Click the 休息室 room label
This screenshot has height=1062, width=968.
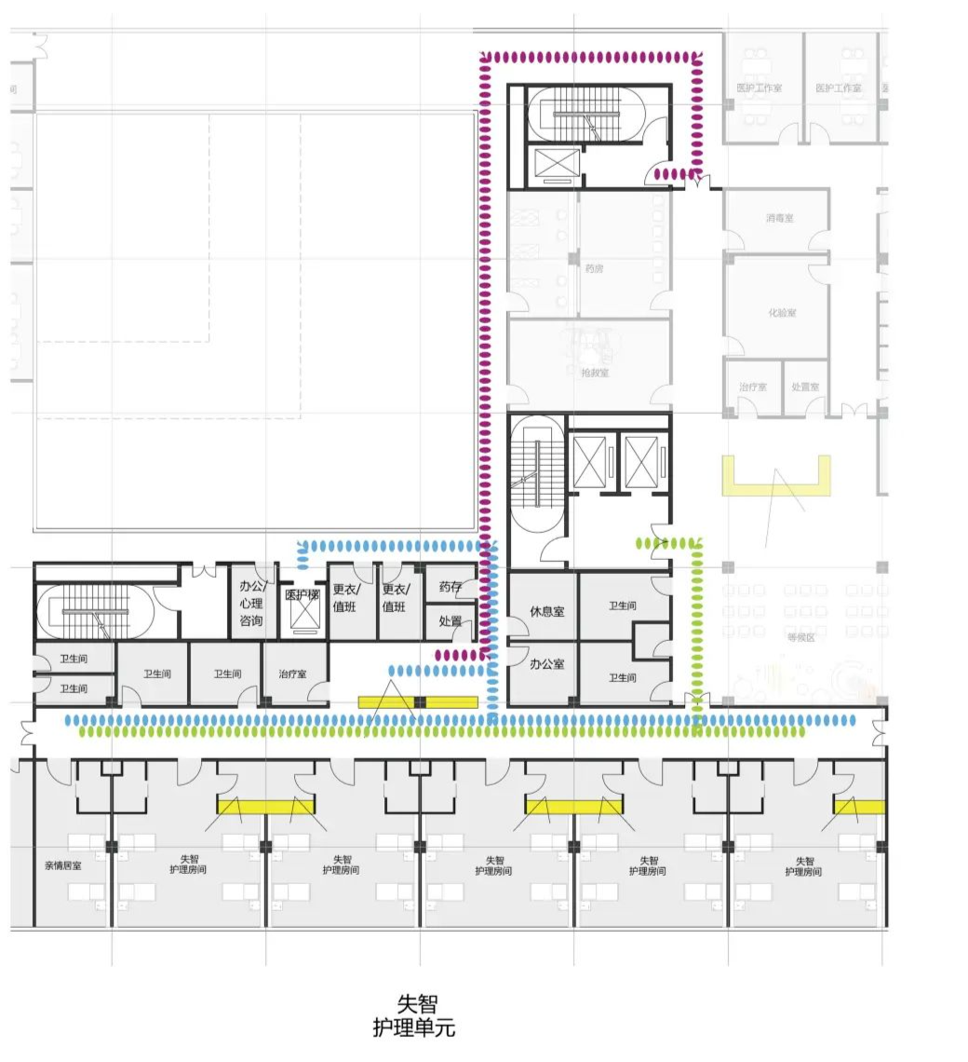pyautogui.click(x=547, y=611)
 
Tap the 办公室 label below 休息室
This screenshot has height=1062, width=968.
pyautogui.click(x=547, y=664)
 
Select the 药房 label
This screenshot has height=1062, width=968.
pyautogui.click(x=595, y=268)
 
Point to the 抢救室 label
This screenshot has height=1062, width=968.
pyautogui.click(x=595, y=373)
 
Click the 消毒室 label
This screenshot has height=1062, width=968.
pyautogui.click(x=780, y=218)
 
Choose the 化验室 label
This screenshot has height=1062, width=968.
pyautogui.click(x=782, y=313)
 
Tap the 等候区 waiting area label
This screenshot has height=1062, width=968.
pyautogui.click(x=800, y=637)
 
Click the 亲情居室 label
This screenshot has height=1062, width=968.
pyautogui.click(x=62, y=865)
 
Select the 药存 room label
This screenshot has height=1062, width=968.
pyautogui.click(x=450, y=588)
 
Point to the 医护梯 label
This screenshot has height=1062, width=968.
pyautogui.click(x=302, y=595)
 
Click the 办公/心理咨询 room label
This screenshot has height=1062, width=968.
pyautogui.click(x=252, y=603)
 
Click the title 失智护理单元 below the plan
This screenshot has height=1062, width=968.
pyautogui.click(x=415, y=1015)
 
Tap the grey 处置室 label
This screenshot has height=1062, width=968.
pyautogui.click(x=805, y=387)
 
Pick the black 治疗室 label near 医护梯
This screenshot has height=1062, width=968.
pyautogui.click(x=293, y=674)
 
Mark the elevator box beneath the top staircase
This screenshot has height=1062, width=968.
pyautogui.click(x=555, y=163)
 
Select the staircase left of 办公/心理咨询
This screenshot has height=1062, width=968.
pyautogui.click(x=95, y=611)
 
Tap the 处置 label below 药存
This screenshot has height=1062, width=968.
pyautogui.click(x=450, y=621)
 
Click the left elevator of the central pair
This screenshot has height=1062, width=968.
pyautogui.click(x=592, y=461)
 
